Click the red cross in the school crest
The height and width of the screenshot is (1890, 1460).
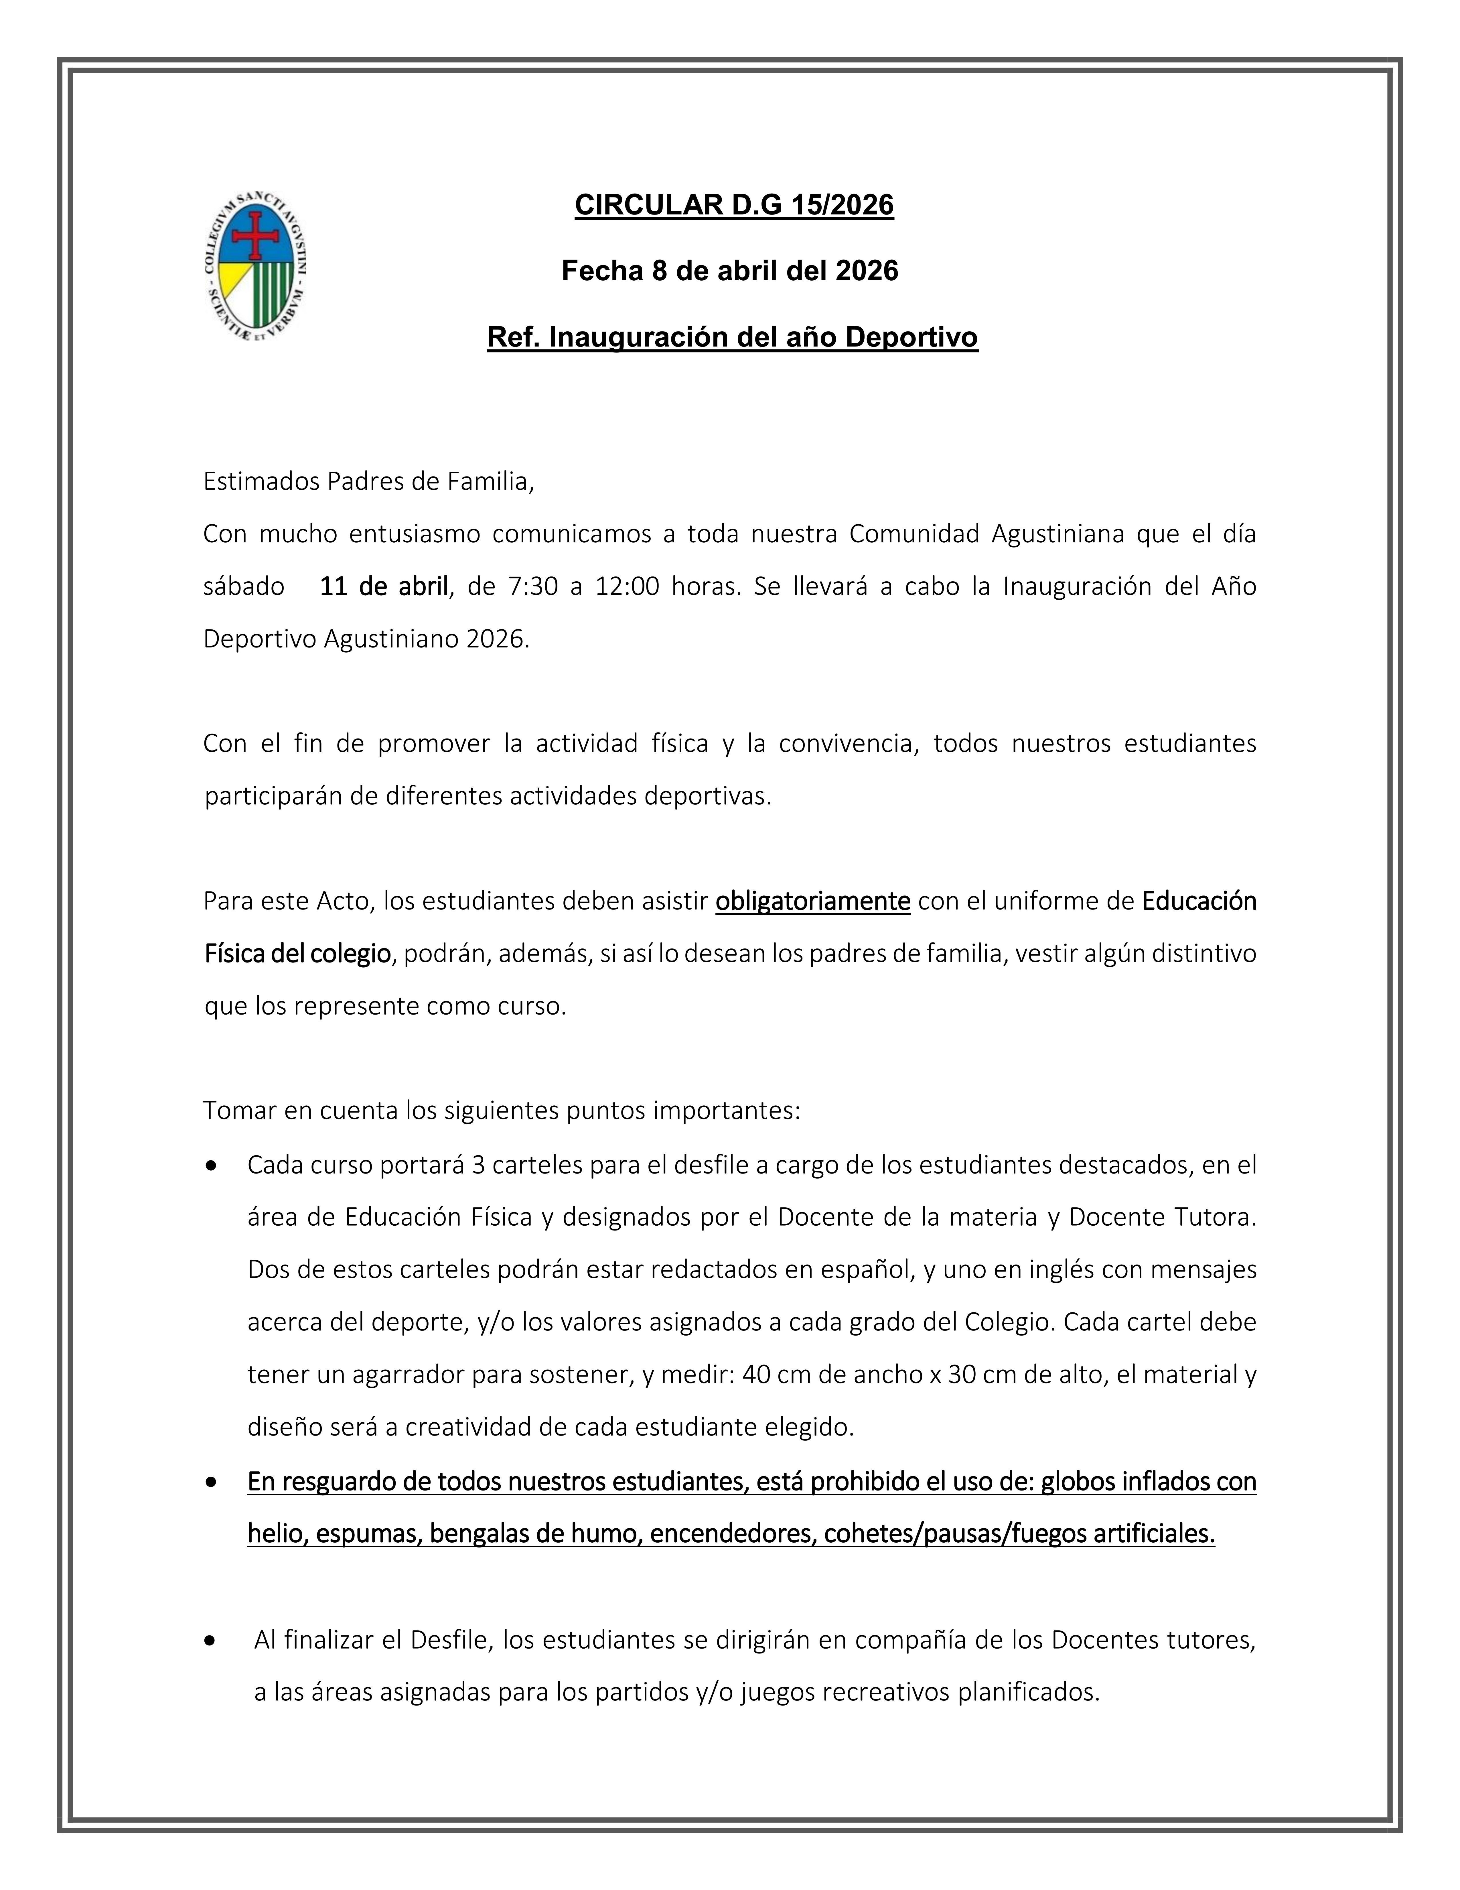click(256, 235)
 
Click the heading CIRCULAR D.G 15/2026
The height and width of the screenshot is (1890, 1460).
click(733, 205)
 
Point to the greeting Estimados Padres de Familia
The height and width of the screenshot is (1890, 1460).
click(368, 482)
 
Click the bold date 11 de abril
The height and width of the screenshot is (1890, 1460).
click(383, 587)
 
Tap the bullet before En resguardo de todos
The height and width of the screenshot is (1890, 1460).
click(212, 1483)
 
